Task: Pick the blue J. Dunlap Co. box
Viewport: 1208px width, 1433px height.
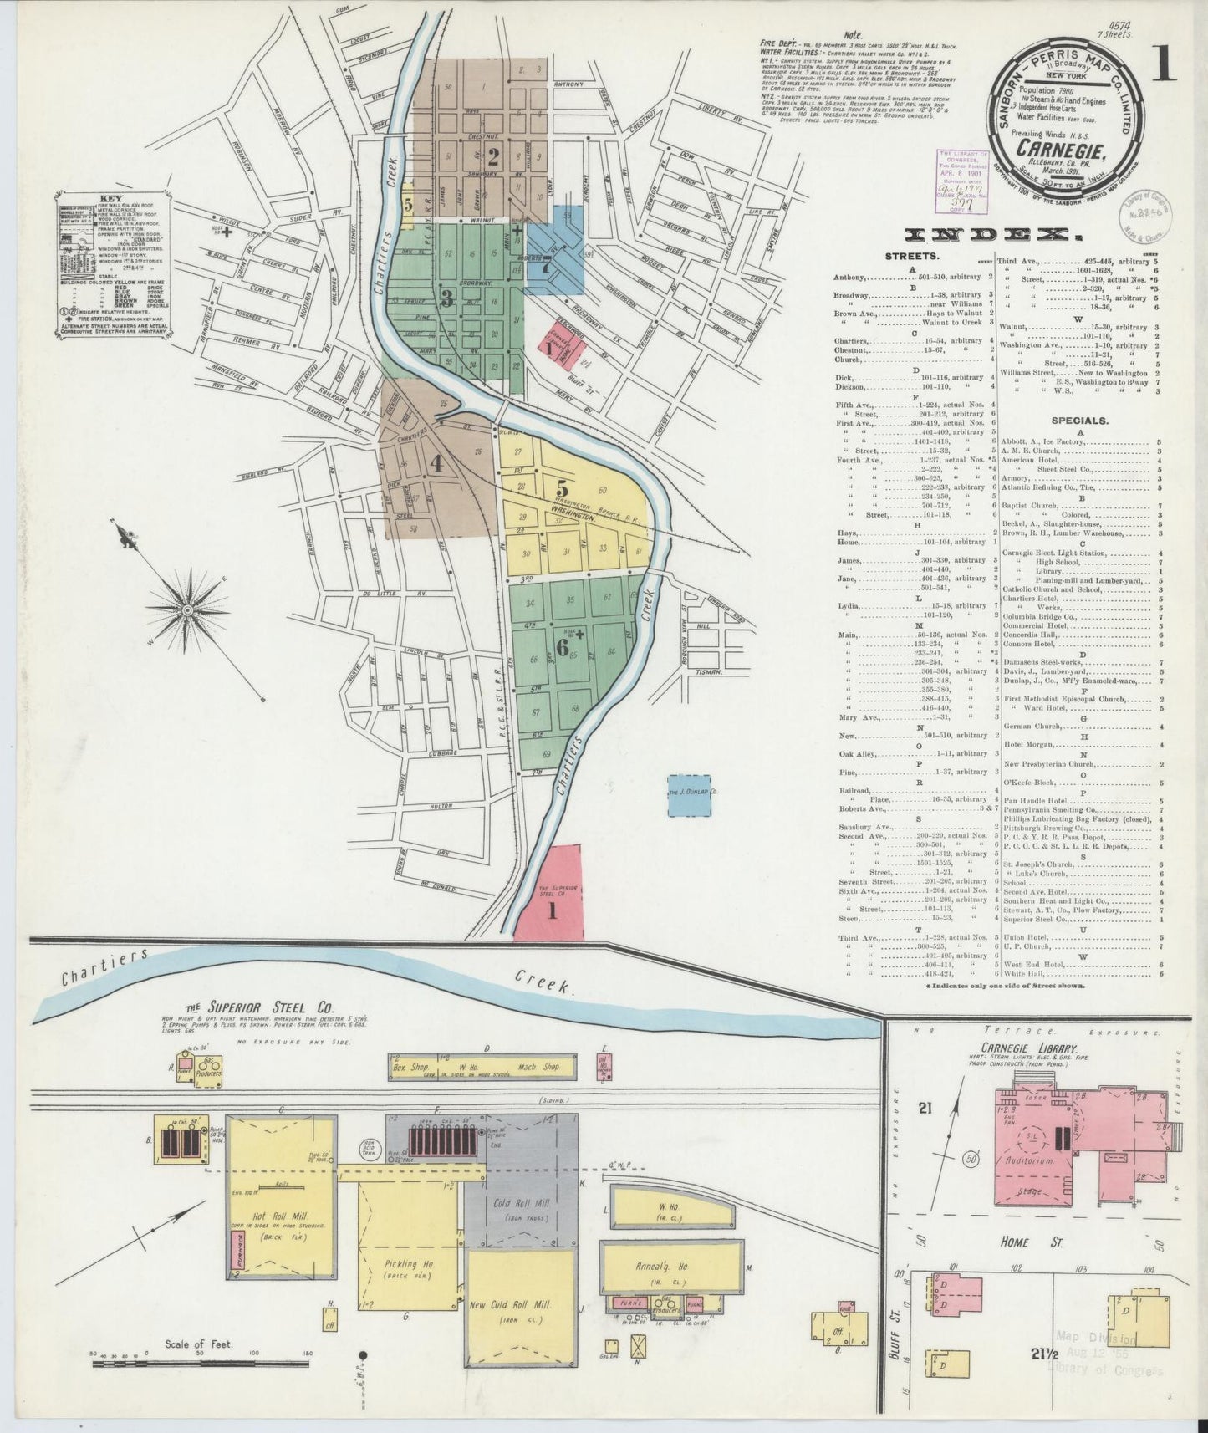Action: click(x=690, y=795)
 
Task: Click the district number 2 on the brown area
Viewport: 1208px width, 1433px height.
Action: click(x=494, y=156)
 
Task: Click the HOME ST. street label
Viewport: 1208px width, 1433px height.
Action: click(x=1017, y=1242)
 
